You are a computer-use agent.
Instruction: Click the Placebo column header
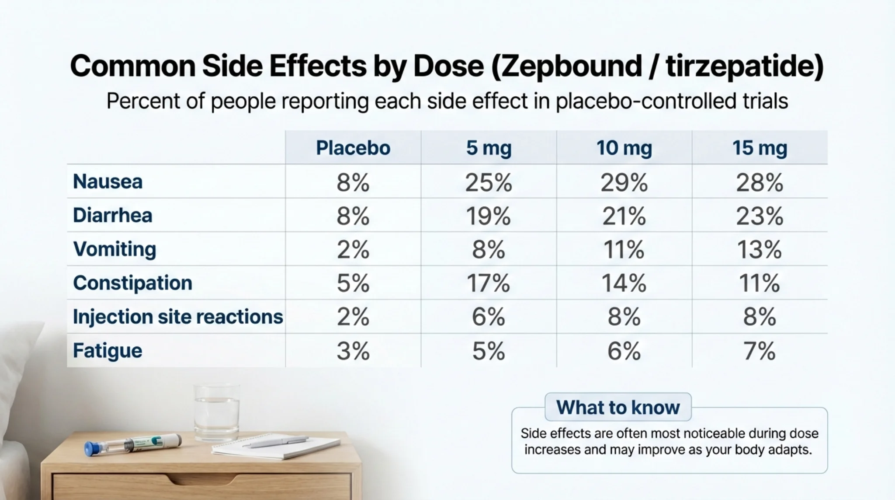[x=353, y=148]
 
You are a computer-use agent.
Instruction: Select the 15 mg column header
[x=760, y=148]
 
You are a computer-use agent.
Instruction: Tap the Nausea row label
[x=108, y=182]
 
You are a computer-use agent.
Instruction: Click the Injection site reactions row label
[x=177, y=317]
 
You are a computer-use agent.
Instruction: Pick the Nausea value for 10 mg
[x=624, y=182]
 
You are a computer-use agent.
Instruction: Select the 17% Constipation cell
[x=488, y=283]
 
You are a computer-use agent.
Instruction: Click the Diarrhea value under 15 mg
[x=760, y=216]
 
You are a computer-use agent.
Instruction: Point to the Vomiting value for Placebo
[x=353, y=250]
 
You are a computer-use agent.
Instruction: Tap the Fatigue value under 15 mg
[x=760, y=351]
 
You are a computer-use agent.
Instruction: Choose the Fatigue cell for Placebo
[x=353, y=351]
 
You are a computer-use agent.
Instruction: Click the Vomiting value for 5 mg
[x=488, y=250]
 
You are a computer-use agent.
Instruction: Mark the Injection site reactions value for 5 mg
[x=488, y=317]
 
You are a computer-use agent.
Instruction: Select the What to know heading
[x=618, y=407]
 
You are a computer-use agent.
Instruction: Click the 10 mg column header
[x=624, y=148]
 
